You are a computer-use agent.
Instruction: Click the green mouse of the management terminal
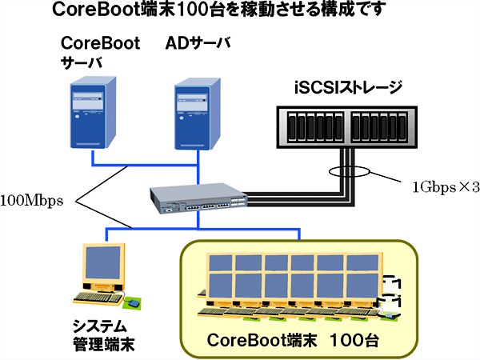click(x=134, y=303)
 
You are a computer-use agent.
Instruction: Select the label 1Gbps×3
click(x=445, y=187)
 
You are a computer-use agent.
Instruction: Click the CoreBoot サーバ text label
click(x=99, y=52)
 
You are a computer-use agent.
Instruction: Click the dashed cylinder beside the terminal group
click(x=391, y=294)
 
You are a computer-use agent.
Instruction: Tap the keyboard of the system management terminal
click(x=97, y=298)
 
